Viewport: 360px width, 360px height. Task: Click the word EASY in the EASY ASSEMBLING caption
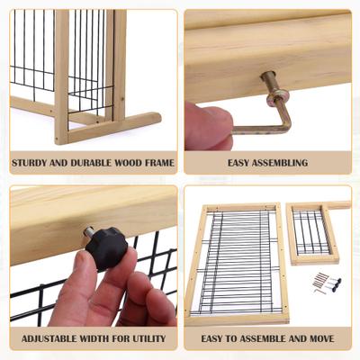(x=231, y=163)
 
